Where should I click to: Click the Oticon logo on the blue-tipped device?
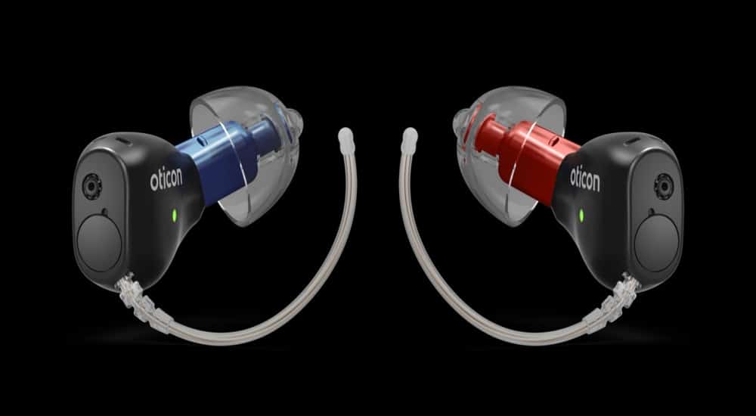coord(166,179)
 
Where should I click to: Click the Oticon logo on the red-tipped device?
coord(585,179)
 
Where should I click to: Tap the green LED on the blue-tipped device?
coord(175,215)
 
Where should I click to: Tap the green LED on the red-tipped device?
coord(581,216)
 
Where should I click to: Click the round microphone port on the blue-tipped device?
coord(90,186)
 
